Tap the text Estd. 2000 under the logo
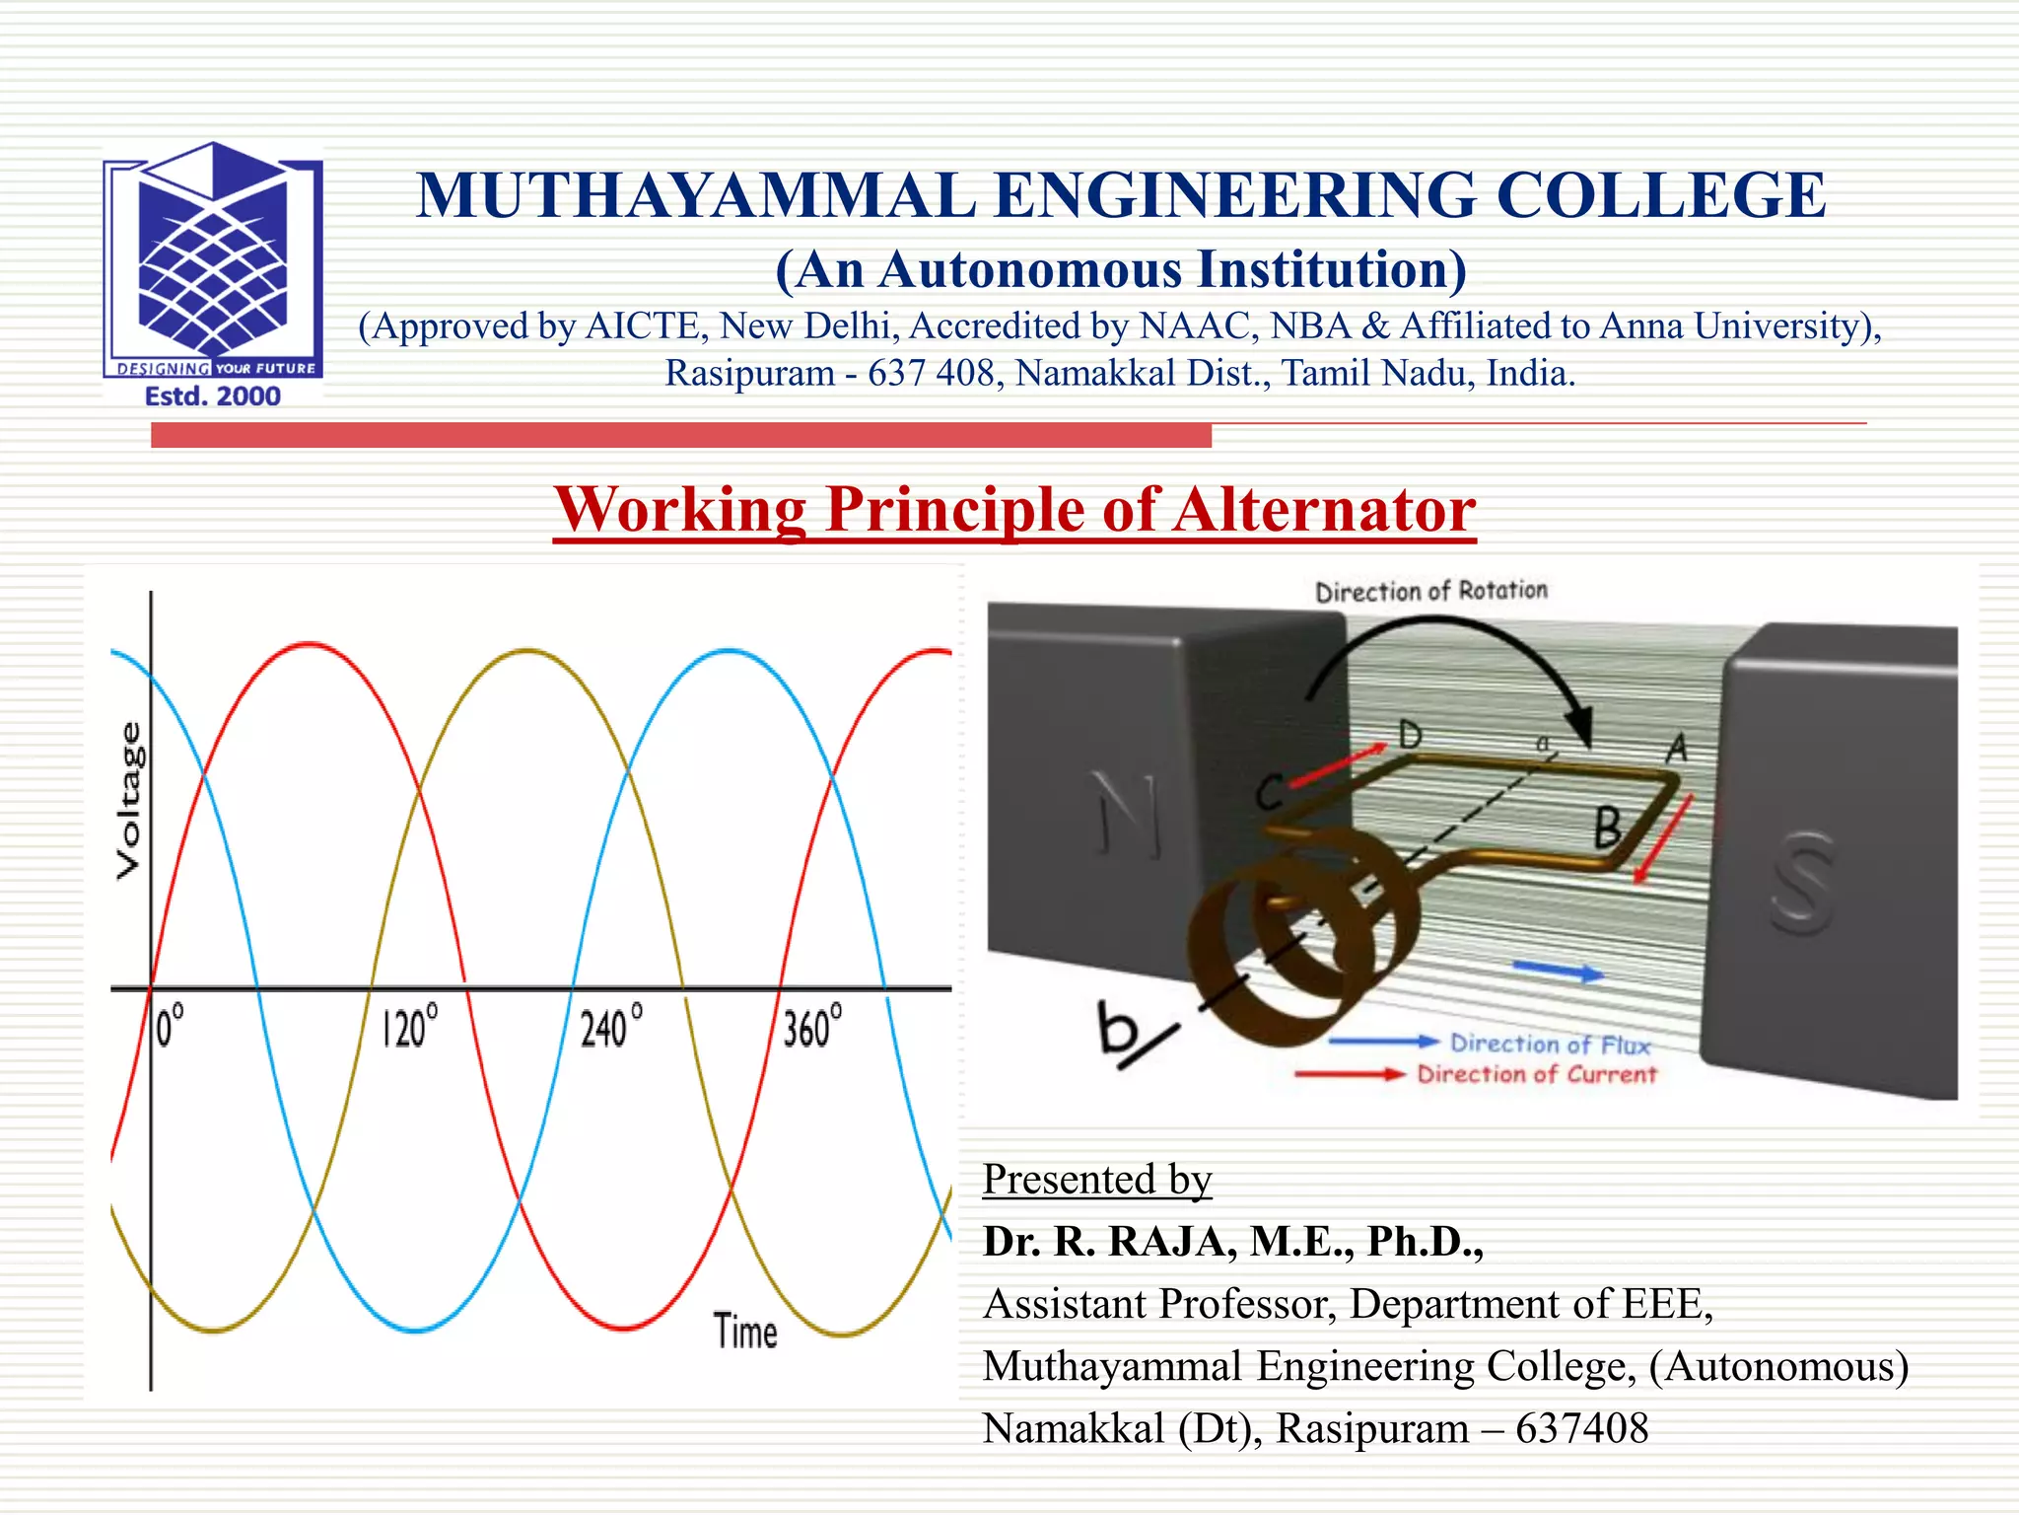click(213, 397)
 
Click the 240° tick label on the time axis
click(611, 1028)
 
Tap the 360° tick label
click(812, 1028)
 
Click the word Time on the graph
click(745, 1332)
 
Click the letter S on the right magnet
click(1803, 882)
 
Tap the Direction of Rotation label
click(1431, 591)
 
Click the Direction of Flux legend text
click(1550, 1044)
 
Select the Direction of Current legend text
click(1537, 1074)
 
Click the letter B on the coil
click(1608, 827)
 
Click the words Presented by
click(1096, 1180)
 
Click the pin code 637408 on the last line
click(1581, 1428)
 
